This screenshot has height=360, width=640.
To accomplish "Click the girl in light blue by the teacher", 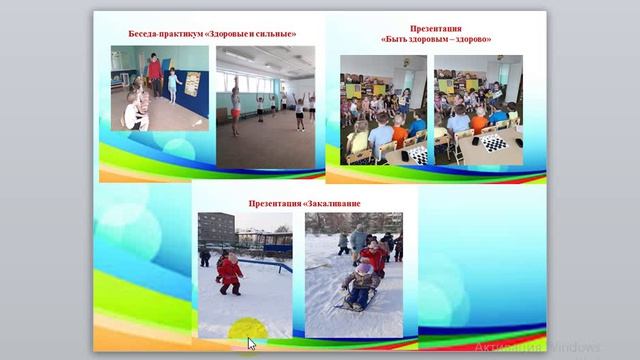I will point(172,84).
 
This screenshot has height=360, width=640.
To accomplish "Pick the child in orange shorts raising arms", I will point(236,106).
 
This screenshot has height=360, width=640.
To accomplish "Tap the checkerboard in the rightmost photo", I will point(493,143).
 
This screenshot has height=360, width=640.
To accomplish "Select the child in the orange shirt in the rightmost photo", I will point(478,119).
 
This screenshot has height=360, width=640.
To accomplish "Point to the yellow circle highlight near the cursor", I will point(245,329).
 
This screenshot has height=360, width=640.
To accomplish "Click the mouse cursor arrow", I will point(251,343).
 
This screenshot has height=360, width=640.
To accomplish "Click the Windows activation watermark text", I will point(537,347).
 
